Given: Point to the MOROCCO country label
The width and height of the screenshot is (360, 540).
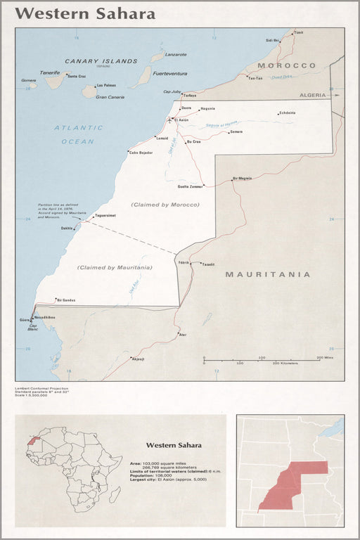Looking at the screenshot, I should (x=286, y=65).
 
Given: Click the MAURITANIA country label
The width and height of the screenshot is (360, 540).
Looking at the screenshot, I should (x=267, y=274).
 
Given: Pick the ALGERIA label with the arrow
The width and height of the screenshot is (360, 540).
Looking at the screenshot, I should (x=314, y=94).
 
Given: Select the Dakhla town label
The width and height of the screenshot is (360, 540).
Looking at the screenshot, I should (x=67, y=228).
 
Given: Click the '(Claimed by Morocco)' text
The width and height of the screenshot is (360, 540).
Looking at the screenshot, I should (x=165, y=205).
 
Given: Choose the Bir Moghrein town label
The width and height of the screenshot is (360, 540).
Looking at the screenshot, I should (x=242, y=178).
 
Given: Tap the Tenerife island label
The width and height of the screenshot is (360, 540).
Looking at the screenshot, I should (x=50, y=72).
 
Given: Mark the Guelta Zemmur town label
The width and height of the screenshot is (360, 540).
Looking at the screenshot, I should (x=191, y=186).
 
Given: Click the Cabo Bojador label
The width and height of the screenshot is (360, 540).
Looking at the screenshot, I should (x=140, y=152).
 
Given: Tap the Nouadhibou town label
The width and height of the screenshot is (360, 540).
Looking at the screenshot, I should (x=45, y=317).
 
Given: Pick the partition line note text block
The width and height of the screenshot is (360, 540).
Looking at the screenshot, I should (x=63, y=211).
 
